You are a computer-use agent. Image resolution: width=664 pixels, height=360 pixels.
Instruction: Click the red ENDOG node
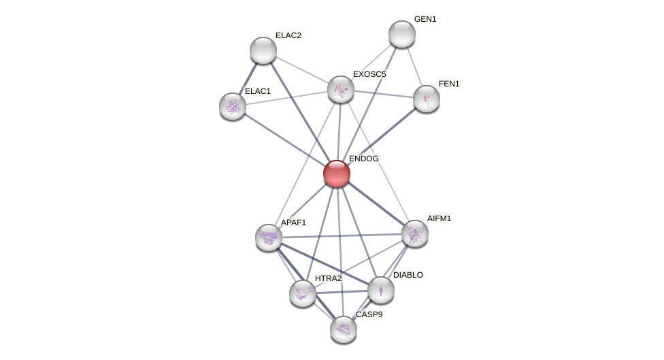(337, 174)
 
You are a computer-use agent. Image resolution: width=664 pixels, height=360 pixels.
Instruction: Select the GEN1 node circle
(402, 34)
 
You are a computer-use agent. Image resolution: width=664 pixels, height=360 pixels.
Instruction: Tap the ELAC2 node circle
(263, 50)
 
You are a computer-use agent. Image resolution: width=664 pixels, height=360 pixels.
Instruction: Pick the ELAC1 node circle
(233, 106)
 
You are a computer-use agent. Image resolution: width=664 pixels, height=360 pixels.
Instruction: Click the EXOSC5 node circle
(341, 89)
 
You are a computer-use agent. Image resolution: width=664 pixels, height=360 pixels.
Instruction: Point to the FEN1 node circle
(427, 99)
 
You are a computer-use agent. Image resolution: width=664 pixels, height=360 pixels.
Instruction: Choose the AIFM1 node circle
(415, 233)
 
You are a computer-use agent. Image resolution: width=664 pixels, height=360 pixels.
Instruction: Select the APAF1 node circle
(269, 238)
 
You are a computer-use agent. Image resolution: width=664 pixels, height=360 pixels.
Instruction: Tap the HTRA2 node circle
(303, 293)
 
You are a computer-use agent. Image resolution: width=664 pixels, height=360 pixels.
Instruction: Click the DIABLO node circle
(381, 290)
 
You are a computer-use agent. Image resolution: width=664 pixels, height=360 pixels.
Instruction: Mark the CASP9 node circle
(344, 329)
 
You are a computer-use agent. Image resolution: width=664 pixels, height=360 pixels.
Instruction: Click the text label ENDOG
(364, 159)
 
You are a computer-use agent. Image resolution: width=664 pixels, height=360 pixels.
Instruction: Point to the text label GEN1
(425, 19)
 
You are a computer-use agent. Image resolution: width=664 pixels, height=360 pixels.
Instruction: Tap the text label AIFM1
(439, 218)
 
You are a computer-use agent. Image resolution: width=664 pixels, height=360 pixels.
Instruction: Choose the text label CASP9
(369, 314)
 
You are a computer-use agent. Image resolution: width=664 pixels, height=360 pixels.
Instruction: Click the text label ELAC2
(288, 35)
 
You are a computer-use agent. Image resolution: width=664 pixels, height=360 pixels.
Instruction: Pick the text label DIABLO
(408, 275)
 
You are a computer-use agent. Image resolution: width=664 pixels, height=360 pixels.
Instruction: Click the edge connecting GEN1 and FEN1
(414, 66)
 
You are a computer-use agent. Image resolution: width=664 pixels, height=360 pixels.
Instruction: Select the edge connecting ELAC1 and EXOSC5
(286, 98)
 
